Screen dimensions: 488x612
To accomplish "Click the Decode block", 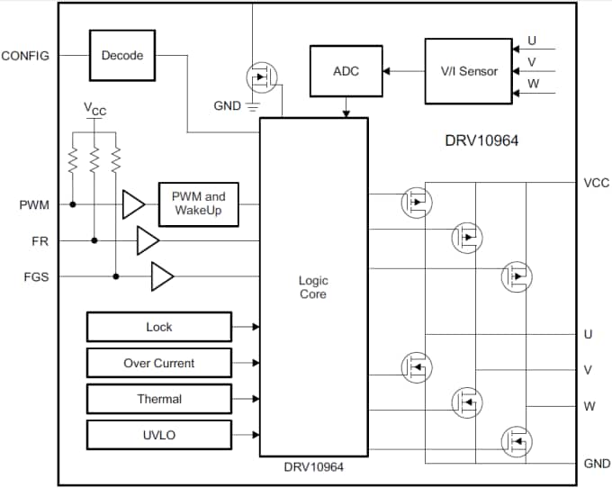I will coord(121,55).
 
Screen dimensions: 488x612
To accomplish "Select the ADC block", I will coord(345,70).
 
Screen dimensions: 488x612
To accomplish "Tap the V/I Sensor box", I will coord(468,70).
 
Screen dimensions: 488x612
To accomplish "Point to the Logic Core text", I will coord(313,288).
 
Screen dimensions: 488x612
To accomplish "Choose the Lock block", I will coord(158,327).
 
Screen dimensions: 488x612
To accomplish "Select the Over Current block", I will coord(158,363).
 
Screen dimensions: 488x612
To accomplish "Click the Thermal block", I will coord(158,399).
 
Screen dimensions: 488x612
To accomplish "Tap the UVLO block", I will coord(158,435).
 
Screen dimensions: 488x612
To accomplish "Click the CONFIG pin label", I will coord(25,55).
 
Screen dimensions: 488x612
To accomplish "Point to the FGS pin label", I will coord(36,277).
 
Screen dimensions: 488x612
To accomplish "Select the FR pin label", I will coord(40,241).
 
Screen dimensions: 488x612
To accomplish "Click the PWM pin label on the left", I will coord(34,205).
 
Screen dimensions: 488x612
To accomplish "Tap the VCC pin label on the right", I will coord(596,183).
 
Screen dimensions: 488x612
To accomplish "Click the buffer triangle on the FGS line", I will coord(162,276).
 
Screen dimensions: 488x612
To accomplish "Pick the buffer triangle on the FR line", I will coord(147,240).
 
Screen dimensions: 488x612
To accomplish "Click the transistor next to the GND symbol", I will coord(260,78).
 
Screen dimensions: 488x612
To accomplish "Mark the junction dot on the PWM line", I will coord(73,204).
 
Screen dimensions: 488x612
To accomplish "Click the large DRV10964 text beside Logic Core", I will coord(481,140).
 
